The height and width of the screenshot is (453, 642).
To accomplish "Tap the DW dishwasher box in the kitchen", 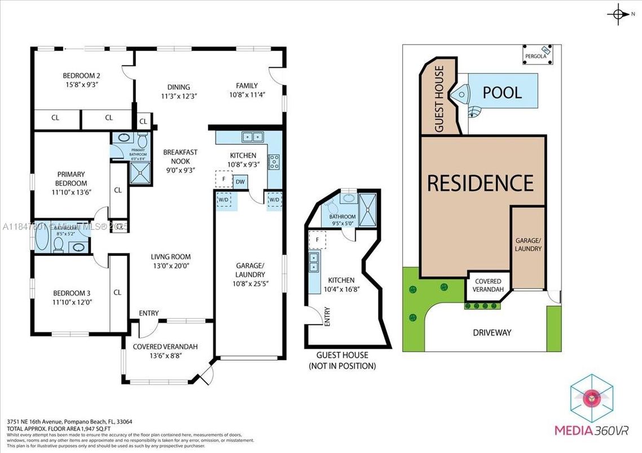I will (x=240, y=181).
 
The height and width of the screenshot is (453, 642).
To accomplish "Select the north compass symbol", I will (x=619, y=14).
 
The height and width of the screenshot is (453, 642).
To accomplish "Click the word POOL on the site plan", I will (x=502, y=92).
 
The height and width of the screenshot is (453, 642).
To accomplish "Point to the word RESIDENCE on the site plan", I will (x=480, y=183).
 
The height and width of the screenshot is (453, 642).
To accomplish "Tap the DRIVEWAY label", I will (x=491, y=332).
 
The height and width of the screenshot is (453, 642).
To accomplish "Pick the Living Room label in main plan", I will (x=173, y=261).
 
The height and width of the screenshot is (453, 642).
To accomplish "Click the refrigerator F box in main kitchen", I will (x=223, y=180).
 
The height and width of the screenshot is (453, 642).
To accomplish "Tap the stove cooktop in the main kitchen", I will (x=274, y=162).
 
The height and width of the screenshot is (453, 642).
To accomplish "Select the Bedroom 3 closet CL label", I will (x=117, y=292).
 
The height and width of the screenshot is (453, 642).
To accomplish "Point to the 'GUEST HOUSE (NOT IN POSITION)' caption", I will (x=342, y=360).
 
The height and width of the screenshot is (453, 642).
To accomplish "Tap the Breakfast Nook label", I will (x=180, y=161).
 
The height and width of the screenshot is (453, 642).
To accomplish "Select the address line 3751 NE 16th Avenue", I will (x=69, y=421).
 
